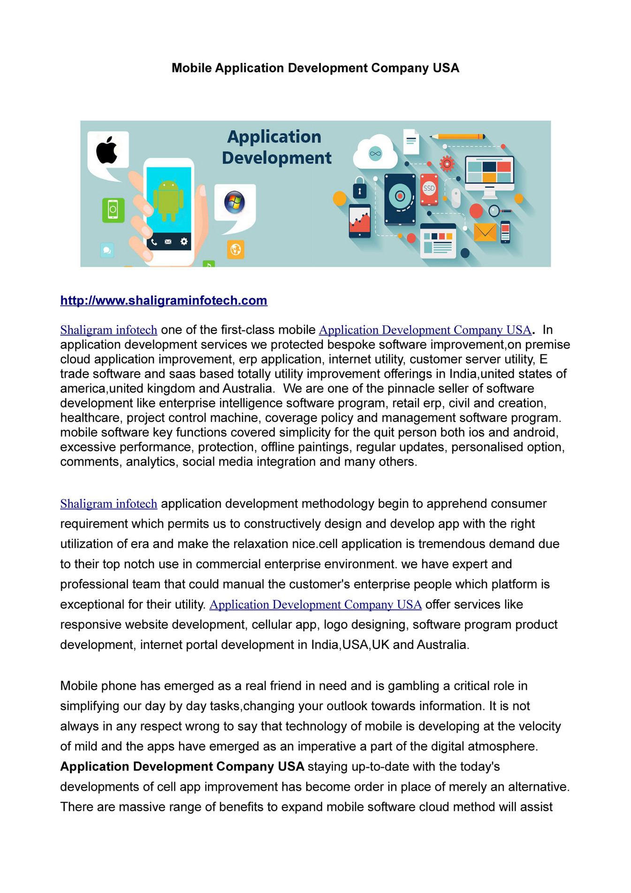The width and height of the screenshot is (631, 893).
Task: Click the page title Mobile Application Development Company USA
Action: tap(315, 68)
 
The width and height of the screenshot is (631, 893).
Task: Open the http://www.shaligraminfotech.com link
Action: tap(164, 300)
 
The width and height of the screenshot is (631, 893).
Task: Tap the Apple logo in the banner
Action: tap(107, 150)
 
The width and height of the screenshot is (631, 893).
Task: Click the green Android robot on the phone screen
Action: tap(168, 199)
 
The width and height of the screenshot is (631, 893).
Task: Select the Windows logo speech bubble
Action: tap(234, 203)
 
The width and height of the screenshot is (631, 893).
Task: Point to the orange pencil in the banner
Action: tap(457, 137)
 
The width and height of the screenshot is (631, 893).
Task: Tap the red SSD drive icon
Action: tap(429, 189)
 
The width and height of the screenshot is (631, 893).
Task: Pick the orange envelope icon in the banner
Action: tap(485, 232)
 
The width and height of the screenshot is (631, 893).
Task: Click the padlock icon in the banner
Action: tap(359, 189)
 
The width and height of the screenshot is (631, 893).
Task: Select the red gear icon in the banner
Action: tap(447, 164)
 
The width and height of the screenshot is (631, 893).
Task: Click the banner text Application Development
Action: tap(276, 147)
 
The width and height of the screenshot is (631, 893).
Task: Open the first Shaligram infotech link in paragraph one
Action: tap(108, 330)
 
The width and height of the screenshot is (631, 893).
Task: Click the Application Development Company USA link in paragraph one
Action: tap(425, 330)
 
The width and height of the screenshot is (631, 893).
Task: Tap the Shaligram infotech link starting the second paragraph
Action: tap(108, 504)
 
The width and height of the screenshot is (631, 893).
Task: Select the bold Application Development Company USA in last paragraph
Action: tap(182, 766)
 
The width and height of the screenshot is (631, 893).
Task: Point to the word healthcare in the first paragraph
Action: tap(89, 418)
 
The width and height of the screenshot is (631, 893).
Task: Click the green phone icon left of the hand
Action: tap(113, 210)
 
